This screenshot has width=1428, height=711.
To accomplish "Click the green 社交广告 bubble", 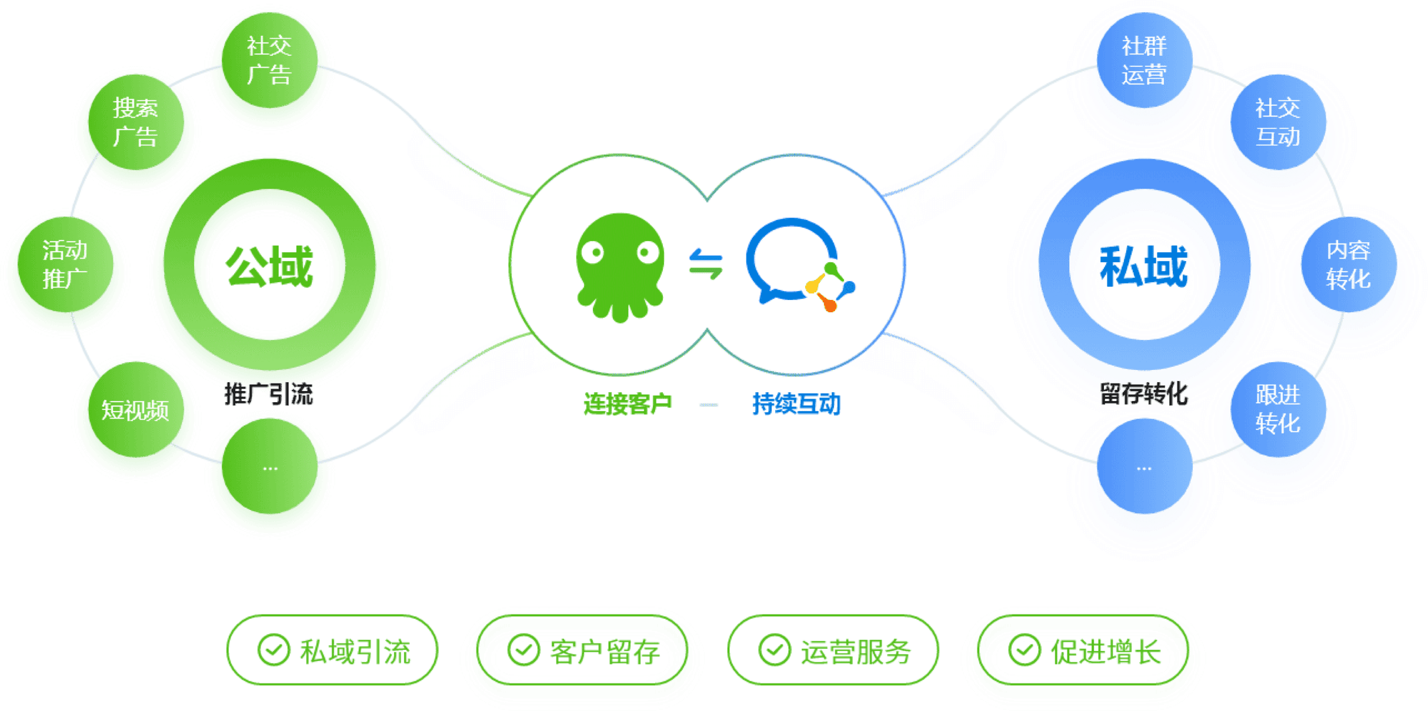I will (269, 61).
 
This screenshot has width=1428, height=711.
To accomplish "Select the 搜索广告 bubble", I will (135, 123).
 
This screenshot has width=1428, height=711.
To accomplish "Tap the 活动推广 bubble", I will (65, 265).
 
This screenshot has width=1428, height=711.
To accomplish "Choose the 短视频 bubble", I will (135, 410).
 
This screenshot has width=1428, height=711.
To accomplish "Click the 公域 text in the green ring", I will (270, 268).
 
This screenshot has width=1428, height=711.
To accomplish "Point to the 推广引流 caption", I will (269, 395).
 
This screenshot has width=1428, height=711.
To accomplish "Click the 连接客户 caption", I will (628, 405).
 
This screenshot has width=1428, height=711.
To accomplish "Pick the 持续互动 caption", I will (796, 405).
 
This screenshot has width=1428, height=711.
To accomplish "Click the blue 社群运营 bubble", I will (1144, 61).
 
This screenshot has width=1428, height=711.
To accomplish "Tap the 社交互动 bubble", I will (1277, 123).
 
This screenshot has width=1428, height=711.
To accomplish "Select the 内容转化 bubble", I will (1348, 265).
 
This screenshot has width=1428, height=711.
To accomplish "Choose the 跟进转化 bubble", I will (1277, 410).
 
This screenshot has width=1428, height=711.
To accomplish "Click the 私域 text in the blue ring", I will (1145, 268).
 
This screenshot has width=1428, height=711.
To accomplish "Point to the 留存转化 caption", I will (1144, 395).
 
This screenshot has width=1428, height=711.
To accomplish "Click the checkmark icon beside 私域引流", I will (273, 650).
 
